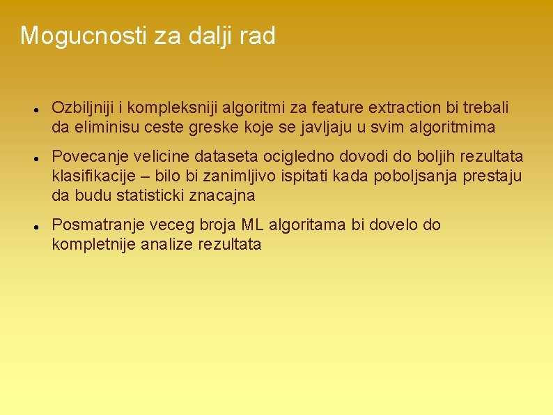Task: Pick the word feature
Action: click(x=338, y=108)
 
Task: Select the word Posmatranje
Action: click(x=93, y=225)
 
